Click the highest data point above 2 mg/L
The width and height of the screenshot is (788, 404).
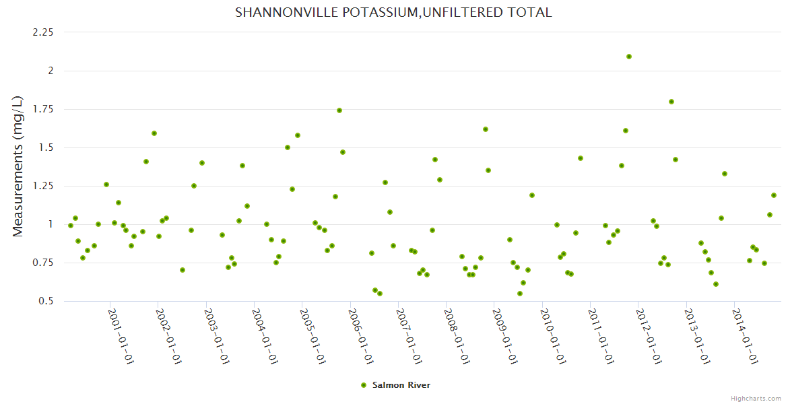click(629, 57)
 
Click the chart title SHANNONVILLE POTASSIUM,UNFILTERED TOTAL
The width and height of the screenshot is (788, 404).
click(393, 12)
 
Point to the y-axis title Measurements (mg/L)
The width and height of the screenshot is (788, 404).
click(18, 166)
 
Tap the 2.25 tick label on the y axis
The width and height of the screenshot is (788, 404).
click(42, 32)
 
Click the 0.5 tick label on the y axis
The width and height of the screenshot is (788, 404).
click(46, 301)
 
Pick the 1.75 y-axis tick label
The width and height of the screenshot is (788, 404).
click(42, 109)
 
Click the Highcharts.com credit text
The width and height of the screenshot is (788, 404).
click(756, 398)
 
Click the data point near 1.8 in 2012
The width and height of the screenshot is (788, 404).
click(671, 102)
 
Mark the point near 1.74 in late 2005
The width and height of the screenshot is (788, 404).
click(339, 110)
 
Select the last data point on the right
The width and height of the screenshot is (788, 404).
click(774, 195)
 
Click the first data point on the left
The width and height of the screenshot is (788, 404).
click(71, 226)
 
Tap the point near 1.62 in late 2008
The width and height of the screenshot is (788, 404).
click(486, 129)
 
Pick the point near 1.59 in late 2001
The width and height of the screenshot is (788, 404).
click(154, 133)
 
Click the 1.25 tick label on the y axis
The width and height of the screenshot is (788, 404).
click(42, 186)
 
